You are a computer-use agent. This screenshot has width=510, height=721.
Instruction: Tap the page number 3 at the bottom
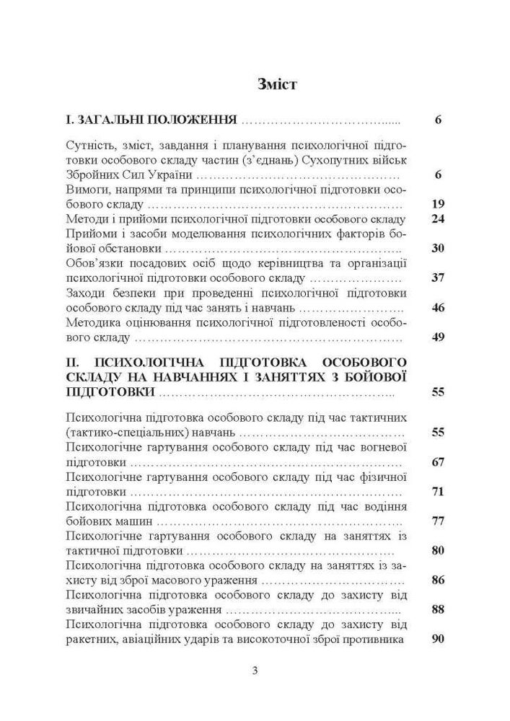point(255,671)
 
